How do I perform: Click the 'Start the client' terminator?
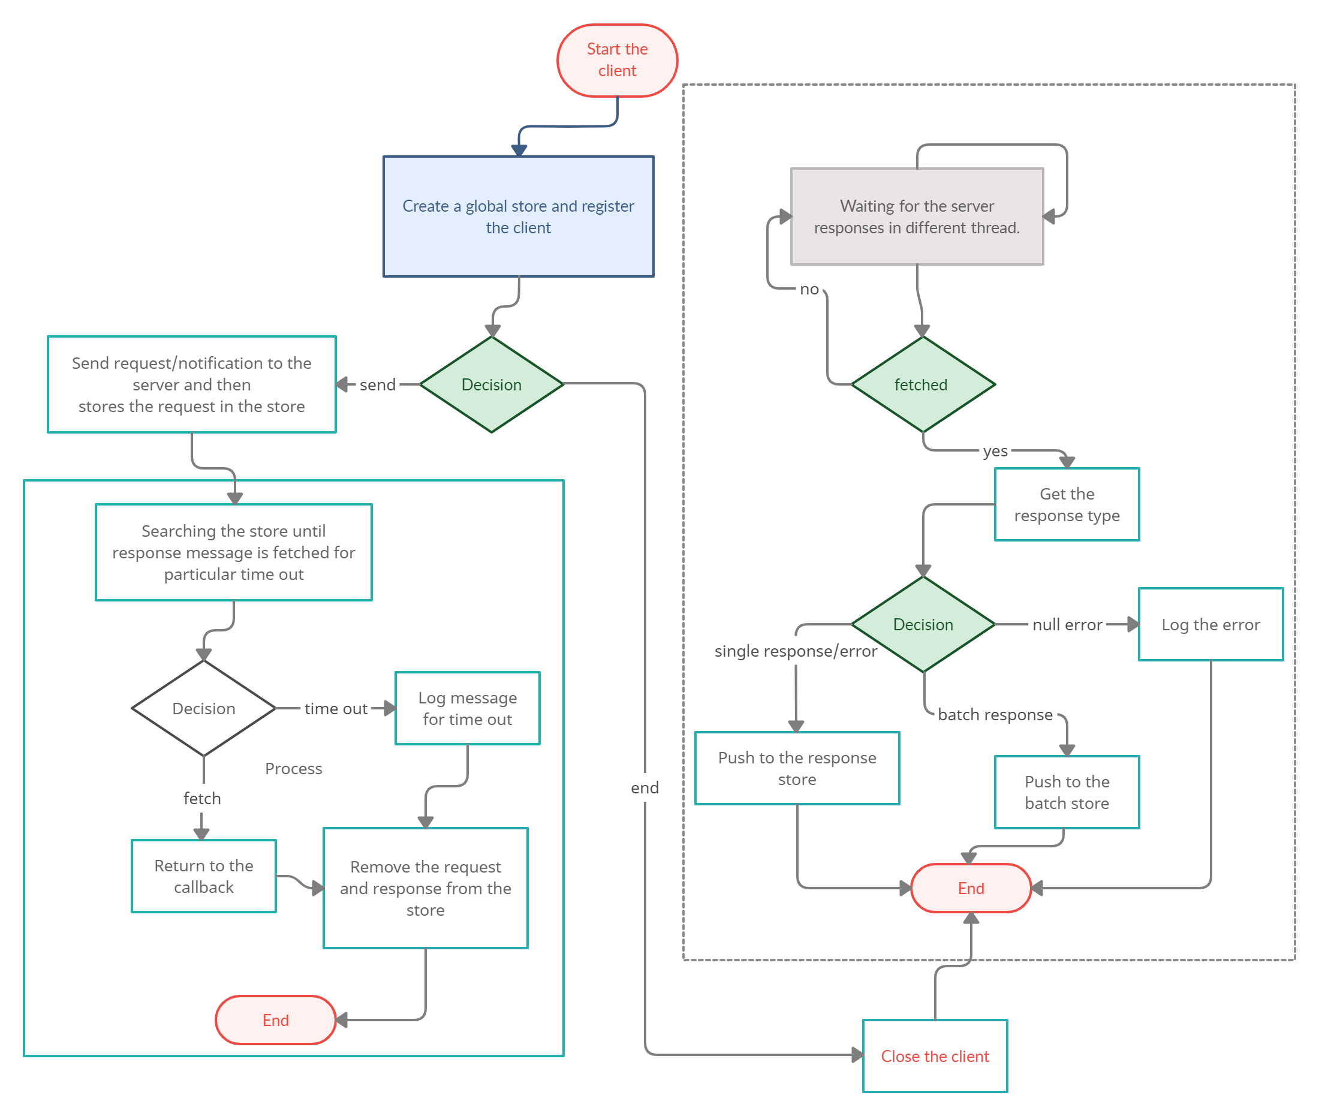click(617, 60)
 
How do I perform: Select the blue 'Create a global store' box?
click(518, 216)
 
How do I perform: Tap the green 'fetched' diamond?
click(922, 384)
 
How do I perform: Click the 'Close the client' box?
click(934, 1056)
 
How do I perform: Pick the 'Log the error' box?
click(1210, 624)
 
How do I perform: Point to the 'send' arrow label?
click(377, 384)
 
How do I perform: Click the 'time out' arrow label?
click(335, 709)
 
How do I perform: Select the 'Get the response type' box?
click(1067, 504)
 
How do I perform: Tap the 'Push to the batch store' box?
click(1067, 792)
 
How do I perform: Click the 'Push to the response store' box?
click(796, 768)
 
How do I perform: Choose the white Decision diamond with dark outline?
click(203, 709)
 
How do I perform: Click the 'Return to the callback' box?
click(203, 876)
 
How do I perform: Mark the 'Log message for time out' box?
click(467, 709)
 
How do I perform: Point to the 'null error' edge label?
click(1067, 624)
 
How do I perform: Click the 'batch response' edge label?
click(995, 714)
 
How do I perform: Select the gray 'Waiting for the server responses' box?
click(917, 216)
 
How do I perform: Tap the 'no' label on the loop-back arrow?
click(809, 289)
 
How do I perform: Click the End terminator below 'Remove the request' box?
click(275, 1020)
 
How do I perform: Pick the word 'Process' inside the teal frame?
click(294, 769)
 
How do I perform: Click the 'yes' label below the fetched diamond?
click(995, 451)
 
